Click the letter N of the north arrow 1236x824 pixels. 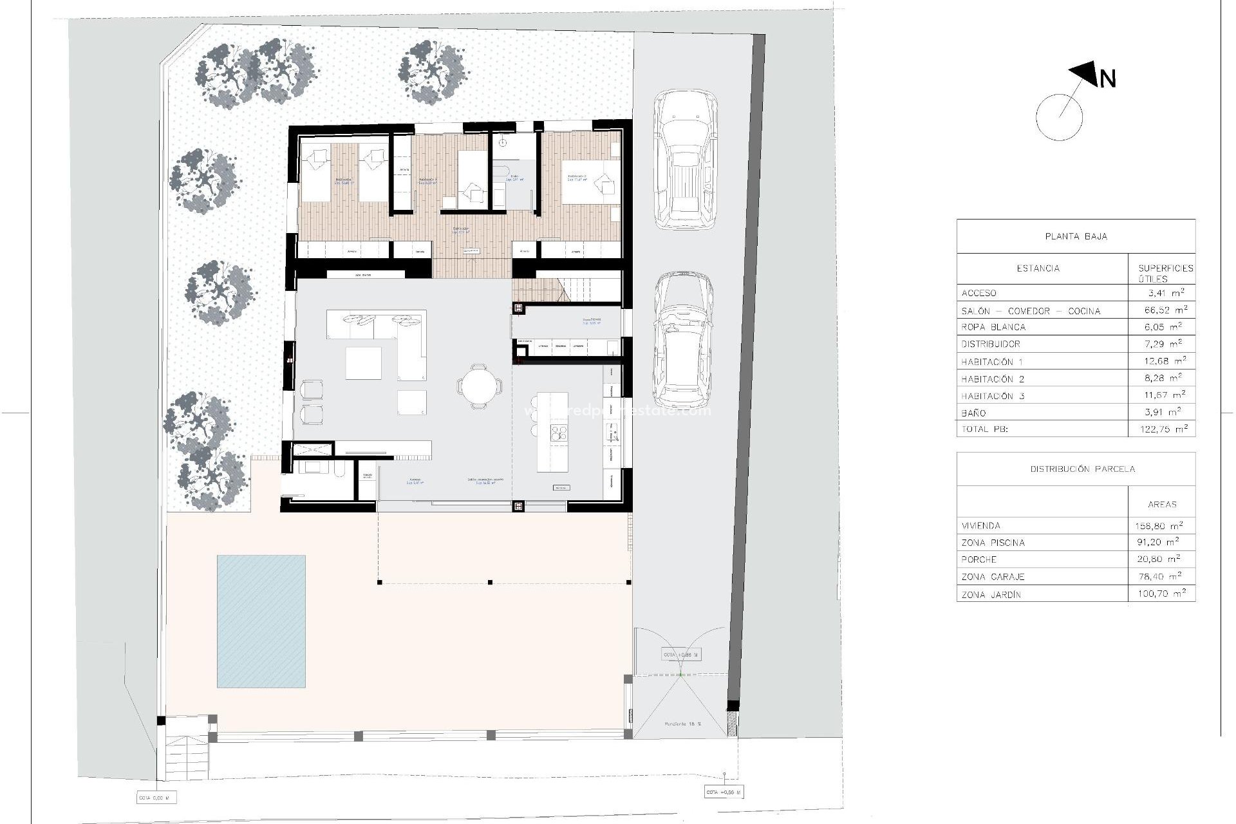point(1107,79)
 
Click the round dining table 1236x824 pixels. point(480,386)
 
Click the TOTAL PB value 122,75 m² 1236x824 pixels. point(1161,429)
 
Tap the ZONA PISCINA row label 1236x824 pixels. point(993,543)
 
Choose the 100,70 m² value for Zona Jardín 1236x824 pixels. point(1161,594)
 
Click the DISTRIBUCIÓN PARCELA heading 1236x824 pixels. point(1082,469)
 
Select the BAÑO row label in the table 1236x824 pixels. point(973,413)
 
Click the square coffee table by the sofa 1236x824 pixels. point(363,363)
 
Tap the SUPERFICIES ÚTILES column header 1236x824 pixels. point(1165,273)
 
